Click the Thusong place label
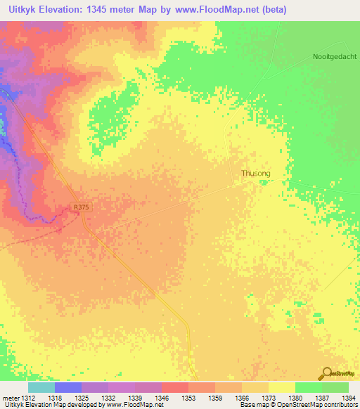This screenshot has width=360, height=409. [256, 173]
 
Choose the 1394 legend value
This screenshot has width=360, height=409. [348, 397]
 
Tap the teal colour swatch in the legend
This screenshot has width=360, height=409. [41, 387]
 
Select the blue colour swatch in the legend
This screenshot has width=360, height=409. [68, 387]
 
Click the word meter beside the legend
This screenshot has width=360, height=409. [9, 397]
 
